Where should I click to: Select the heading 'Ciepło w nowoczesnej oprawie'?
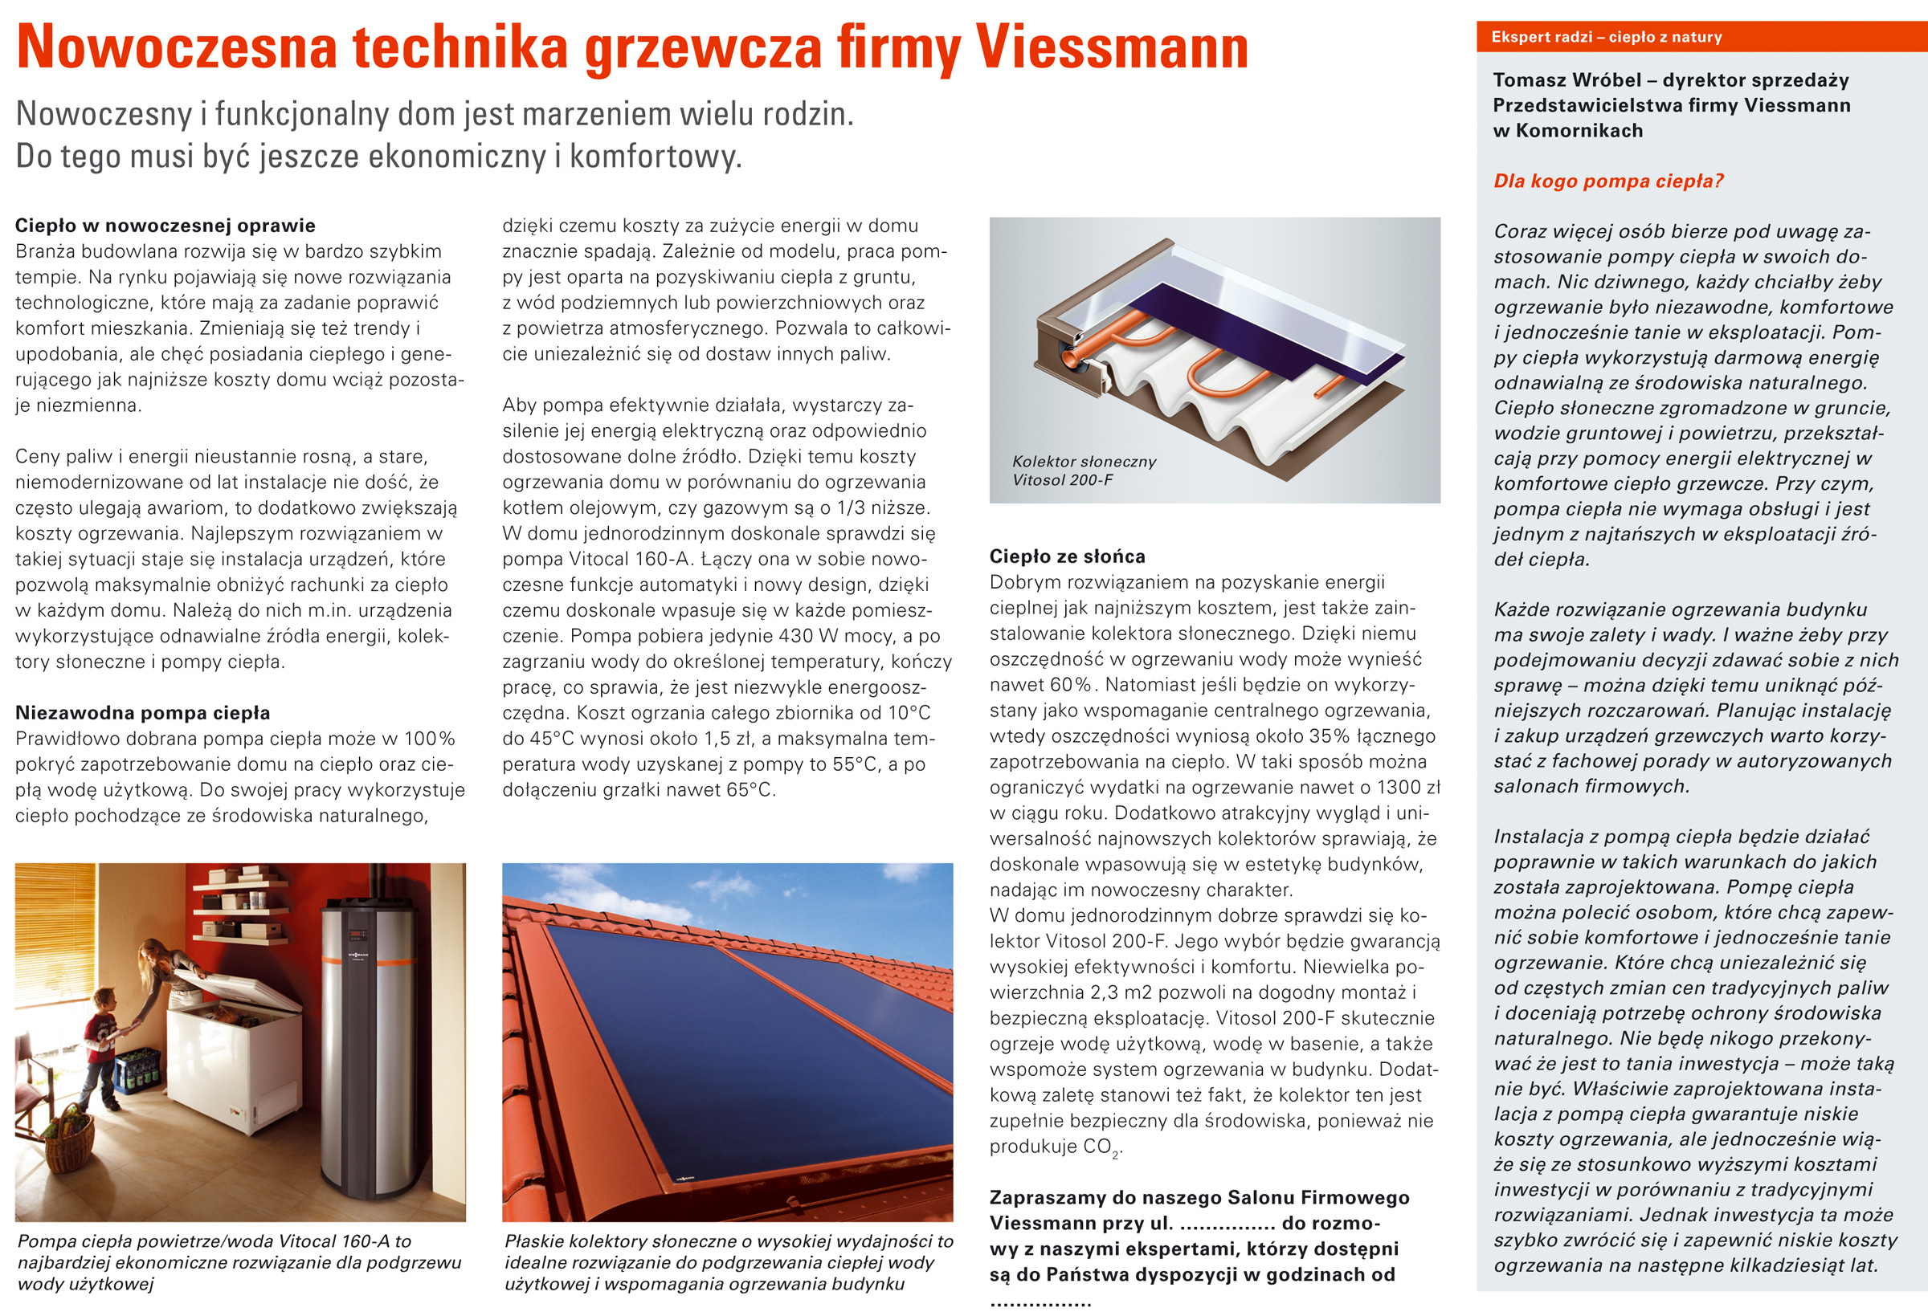tap(165, 226)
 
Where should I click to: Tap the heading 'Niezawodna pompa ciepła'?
tap(143, 712)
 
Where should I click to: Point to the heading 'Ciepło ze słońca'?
tap(1067, 556)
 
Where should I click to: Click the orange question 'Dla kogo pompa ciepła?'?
tap(1607, 181)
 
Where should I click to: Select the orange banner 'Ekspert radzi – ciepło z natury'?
tap(1606, 37)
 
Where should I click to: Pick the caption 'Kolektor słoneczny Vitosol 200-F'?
tap(1083, 471)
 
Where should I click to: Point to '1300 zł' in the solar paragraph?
tap(1407, 787)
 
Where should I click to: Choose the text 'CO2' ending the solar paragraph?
tap(1101, 1147)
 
